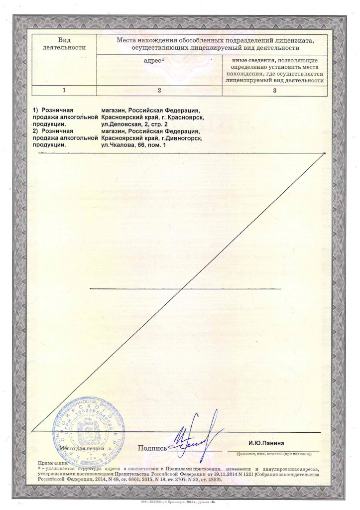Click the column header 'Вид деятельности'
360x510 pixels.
tap(64, 44)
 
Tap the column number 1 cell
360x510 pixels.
tap(64, 91)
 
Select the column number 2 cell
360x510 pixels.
tap(159, 91)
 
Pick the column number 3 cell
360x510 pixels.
tap(274, 91)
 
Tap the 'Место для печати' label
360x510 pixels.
tap(81, 448)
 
